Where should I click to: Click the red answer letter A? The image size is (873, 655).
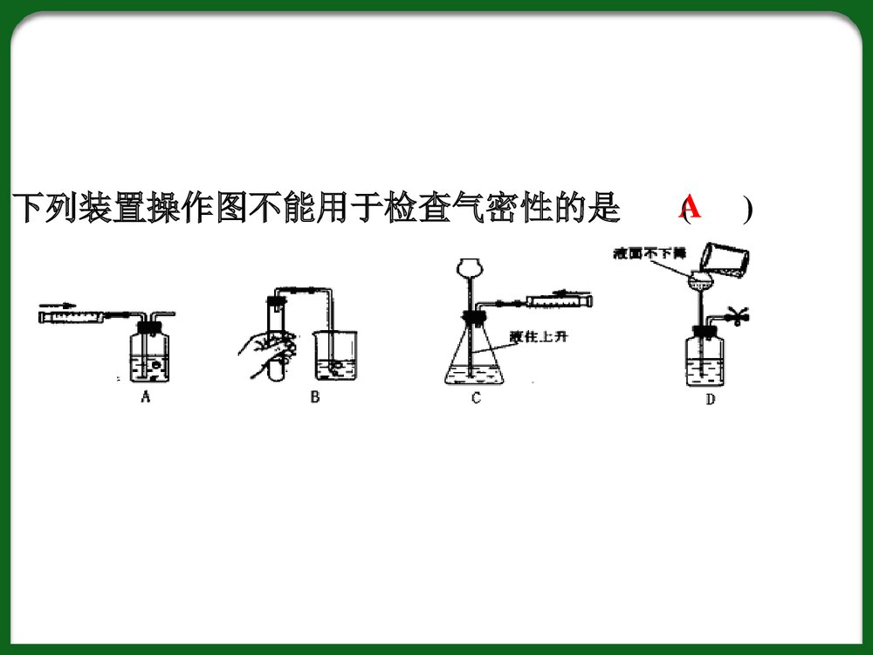(x=690, y=207)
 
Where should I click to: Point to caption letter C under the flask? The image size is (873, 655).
(x=476, y=399)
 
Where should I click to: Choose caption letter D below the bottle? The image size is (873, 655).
(x=710, y=400)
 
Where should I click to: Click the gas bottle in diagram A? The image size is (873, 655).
(x=149, y=356)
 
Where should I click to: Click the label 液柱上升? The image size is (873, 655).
(x=541, y=336)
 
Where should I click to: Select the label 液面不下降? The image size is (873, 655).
(x=650, y=253)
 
